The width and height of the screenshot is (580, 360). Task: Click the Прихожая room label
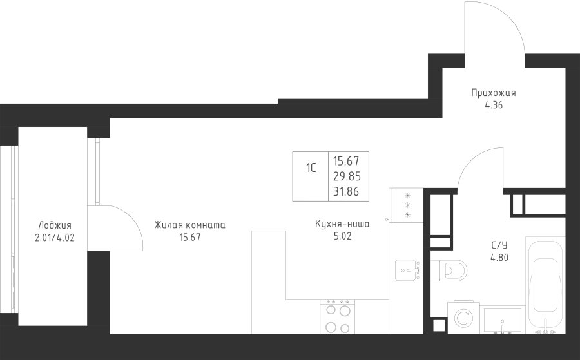click(494, 93)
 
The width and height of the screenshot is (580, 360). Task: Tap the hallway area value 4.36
click(494, 105)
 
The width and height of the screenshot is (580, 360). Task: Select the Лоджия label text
click(55, 225)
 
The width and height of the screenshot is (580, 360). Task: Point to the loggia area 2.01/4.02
click(55, 238)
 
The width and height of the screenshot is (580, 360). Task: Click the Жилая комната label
click(189, 225)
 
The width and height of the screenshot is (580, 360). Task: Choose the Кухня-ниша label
click(343, 223)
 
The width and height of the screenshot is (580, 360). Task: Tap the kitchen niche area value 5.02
click(343, 236)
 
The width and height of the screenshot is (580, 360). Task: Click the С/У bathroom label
click(499, 245)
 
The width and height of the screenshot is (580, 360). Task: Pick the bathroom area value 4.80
click(499, 258)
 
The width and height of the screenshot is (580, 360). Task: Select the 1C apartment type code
click(311, 168)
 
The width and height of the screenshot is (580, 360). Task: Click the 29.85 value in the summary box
click(347, 176)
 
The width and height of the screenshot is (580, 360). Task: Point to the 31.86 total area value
click(347, 192)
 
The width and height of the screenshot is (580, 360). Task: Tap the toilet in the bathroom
click(449, 270)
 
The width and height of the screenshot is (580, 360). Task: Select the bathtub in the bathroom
click(545, 285)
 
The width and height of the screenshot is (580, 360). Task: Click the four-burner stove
click(337, 317)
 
